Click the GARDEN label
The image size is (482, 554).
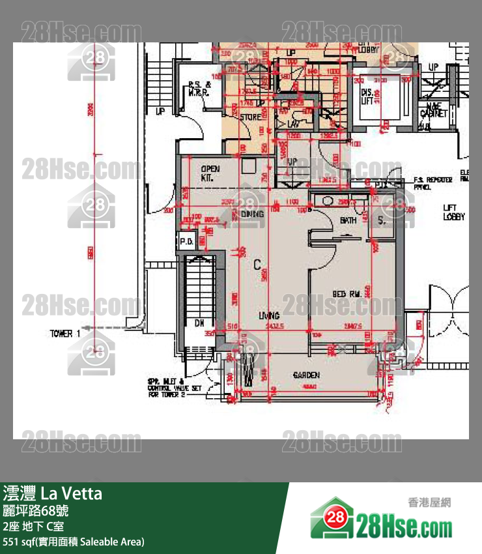305,375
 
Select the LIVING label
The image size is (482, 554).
269,315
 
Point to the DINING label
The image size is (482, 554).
252,214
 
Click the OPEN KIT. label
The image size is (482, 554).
210,173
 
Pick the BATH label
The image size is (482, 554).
348,221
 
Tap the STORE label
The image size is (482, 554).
250,117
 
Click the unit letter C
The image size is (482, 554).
257,265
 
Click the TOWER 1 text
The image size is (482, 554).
65,334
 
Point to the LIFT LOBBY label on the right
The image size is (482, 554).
454,212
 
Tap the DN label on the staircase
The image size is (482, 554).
200,323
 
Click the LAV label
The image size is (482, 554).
292,123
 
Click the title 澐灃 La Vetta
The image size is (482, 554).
53,493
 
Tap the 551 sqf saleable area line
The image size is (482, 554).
74,542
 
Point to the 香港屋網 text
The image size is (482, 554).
429,503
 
